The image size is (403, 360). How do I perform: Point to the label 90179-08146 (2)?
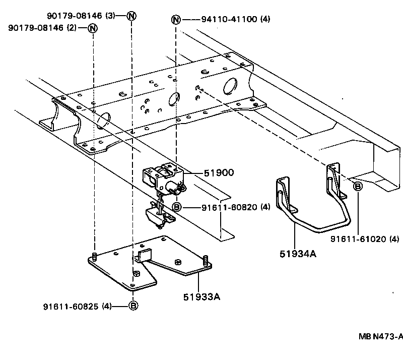click(x=42, y=28)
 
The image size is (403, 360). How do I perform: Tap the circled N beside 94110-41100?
click(x=176, y=20)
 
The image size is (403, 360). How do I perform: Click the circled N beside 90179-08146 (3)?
click(x=131, y=15)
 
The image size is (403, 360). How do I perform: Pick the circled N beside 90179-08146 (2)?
click(x=93, y=28)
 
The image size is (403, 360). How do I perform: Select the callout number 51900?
click(x=219, y=172)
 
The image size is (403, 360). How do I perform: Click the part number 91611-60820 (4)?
click(x=236, y=207)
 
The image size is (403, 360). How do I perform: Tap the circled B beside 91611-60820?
click(x=176, y=207)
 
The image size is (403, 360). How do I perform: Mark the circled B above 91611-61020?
click(x=358, y=187)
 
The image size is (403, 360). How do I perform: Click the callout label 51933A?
click(x=203, y=296)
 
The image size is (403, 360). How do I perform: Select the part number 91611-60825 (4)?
click(x=77, y=306)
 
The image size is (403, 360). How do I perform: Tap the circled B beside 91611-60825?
click(x=133, y=306)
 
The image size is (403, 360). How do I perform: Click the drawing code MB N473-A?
click(x=381, y=336)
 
